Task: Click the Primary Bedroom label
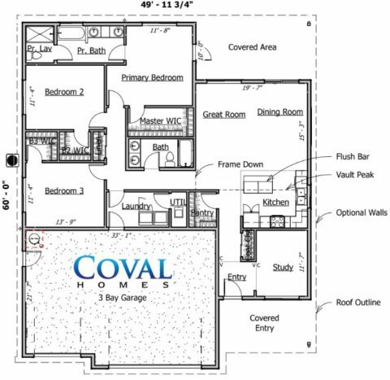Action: coord(152,78)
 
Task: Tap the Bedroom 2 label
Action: coord(64,92)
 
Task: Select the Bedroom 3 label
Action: coord(64,191)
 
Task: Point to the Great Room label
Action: coord(224,115)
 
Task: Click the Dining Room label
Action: coord(280,111)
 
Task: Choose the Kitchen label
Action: coord(276,202)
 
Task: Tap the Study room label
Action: coord(283,267)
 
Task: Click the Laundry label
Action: coord(136,207)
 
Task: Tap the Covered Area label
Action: coord(252,47)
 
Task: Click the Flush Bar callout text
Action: coord(352,156)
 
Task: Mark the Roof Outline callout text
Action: coord(358,303)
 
